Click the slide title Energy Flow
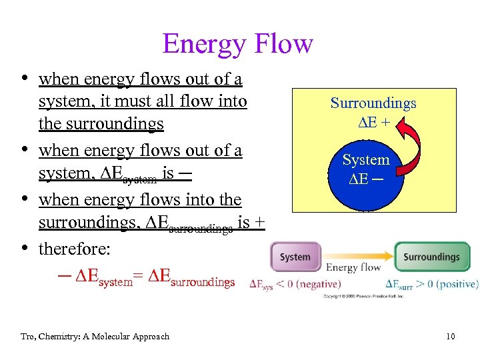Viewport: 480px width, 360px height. [237, 44]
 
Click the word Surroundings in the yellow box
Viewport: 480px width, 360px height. [373, 103]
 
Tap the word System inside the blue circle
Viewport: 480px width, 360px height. [366, 160]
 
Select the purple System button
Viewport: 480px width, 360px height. [295, 257]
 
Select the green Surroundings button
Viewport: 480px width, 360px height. [431, 257]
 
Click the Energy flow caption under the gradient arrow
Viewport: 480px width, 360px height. [353, 268]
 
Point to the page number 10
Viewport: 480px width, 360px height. [451, 337]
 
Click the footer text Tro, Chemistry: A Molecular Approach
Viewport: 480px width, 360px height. [95, 337]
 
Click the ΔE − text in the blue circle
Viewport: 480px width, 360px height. [366, 178]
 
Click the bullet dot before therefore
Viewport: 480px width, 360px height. [25, 249]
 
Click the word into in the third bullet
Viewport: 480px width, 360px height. [193, 200]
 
